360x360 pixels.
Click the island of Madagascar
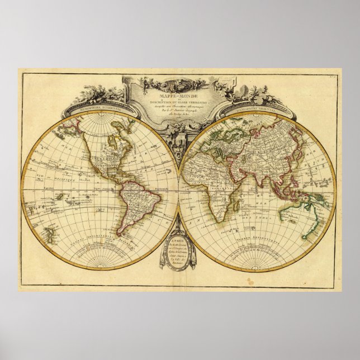click(234, 210)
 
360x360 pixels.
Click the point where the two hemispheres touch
click(179, 191)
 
